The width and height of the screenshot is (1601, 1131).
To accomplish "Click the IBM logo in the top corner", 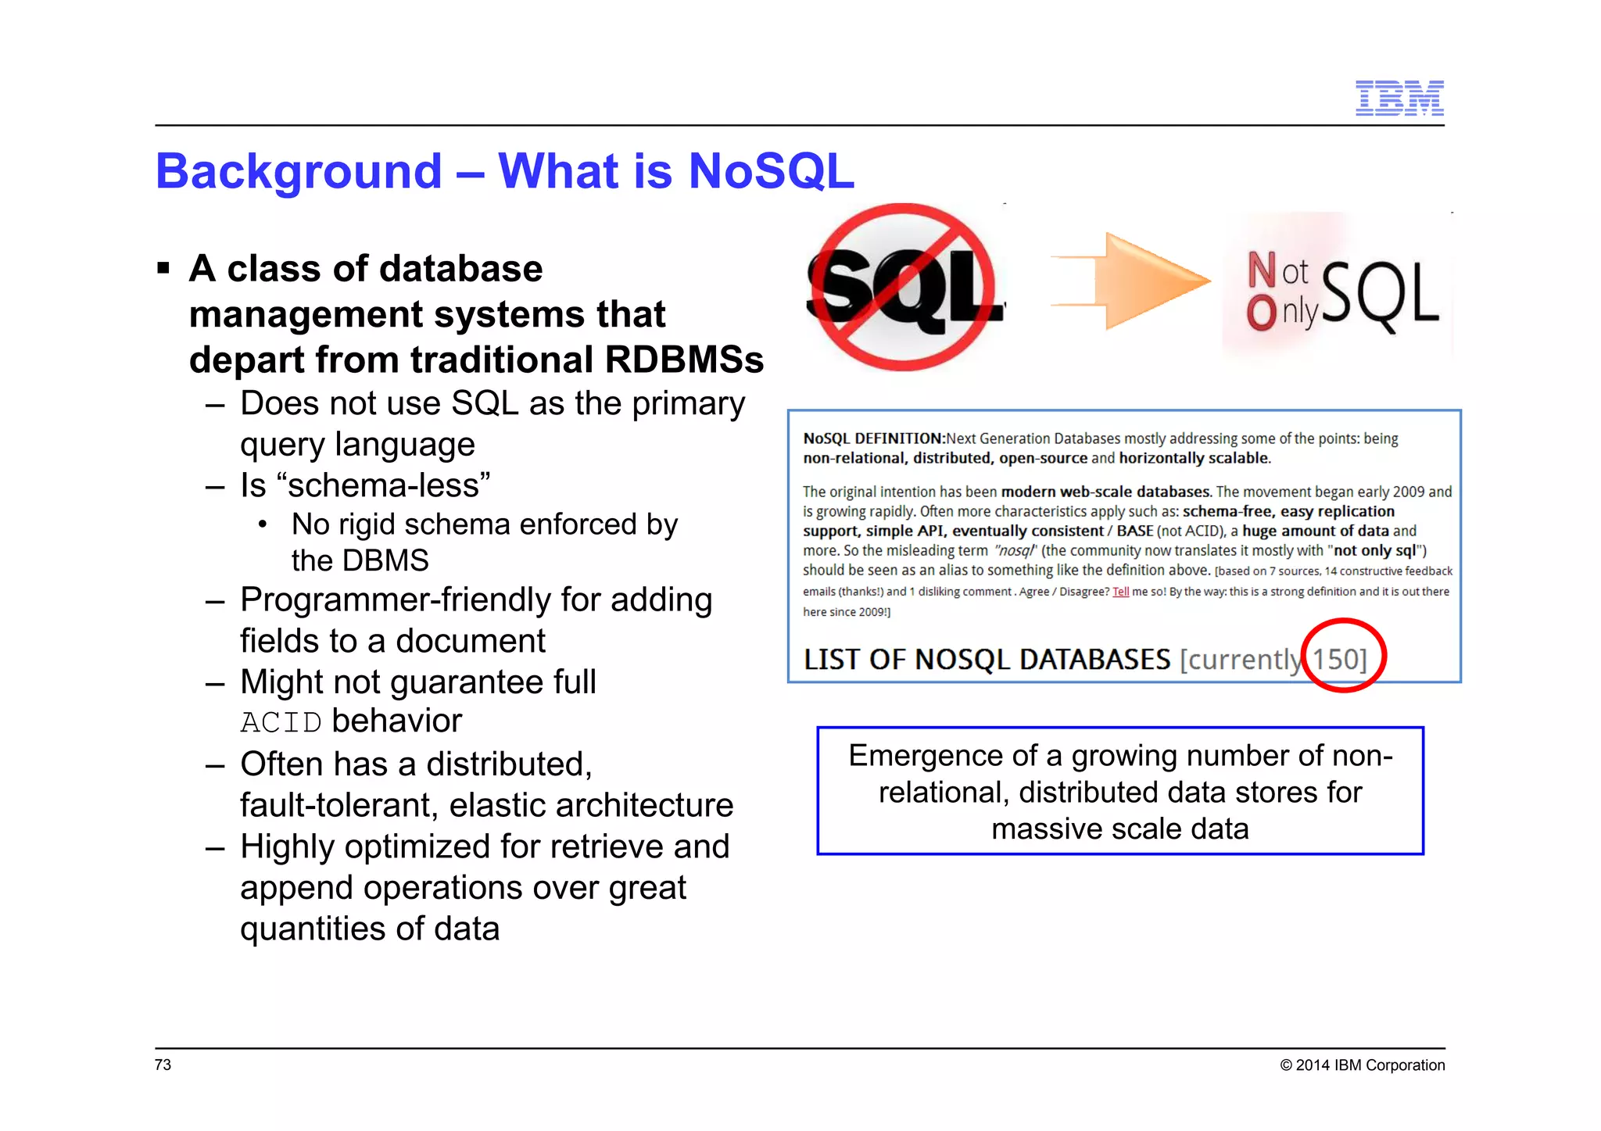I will tap(1399, 98).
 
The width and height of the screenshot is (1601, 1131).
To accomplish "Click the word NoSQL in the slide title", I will tap(771, 171).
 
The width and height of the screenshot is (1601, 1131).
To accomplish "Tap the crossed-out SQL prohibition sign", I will tap(904, 287).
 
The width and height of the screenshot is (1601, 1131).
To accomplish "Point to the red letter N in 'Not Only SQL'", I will tap(1261, 270).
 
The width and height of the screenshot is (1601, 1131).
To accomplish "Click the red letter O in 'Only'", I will tap(1261, 313).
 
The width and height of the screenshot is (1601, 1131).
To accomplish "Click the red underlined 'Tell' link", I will tap(1120, 592).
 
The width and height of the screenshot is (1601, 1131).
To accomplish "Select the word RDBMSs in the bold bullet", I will tap(684, 360).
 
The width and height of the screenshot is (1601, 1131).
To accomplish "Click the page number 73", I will tap(163, 1065).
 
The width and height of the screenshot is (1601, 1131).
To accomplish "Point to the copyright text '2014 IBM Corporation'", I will tap(1370, 1065).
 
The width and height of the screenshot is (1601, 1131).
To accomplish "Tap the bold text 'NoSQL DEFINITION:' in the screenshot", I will tap(874, 438).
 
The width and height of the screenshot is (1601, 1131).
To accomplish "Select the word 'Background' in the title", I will tap(299, 171).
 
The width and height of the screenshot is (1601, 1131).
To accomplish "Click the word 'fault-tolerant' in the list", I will tap(338, 805).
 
